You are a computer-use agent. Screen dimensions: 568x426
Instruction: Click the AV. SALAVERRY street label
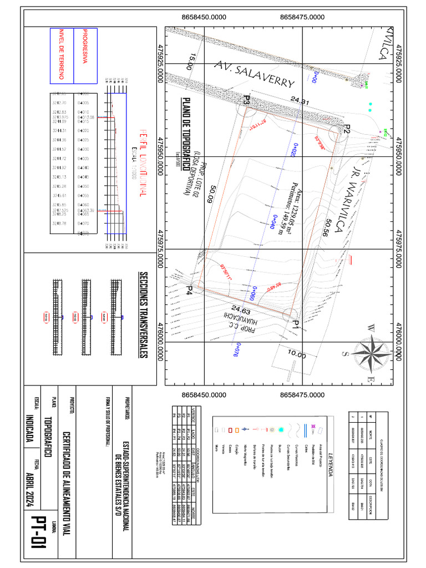[253, 75]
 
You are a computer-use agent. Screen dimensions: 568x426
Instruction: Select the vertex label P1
[296, 323]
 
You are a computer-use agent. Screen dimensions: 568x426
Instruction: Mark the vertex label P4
[190, 290]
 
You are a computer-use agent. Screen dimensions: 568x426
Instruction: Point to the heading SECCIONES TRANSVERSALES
[143, 315]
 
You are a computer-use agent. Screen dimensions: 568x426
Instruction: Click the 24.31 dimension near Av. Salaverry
[300, 102]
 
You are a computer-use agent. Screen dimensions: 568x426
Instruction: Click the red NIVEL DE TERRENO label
[62, 54]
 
